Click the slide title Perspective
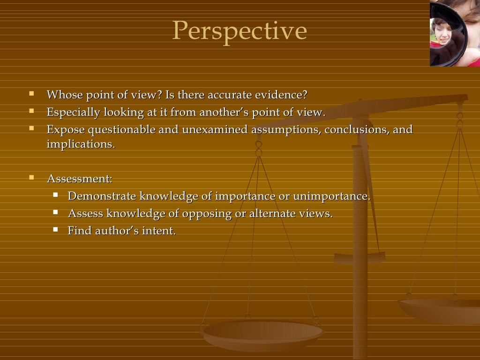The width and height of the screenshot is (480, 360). pyautogui.click(x=240, y=31)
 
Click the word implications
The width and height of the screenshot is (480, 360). pyautogui.click(x=80, y=144)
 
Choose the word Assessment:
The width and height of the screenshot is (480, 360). pyautogui.click(x=79, y=179)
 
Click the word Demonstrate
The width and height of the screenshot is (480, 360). pyautogui.click(x=102, y=196)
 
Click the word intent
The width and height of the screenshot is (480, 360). pyautogui.click(x=160, y=231)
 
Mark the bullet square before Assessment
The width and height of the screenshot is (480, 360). pyautogui.click(x=32, y=178)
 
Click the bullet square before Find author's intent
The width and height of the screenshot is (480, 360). pyautogui.click(x=56, y=229)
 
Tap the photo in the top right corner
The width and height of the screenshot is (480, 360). pyautogui.click(x=454, y=33)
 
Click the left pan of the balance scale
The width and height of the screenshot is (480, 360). pyautogui.click(x=262, y=334)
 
